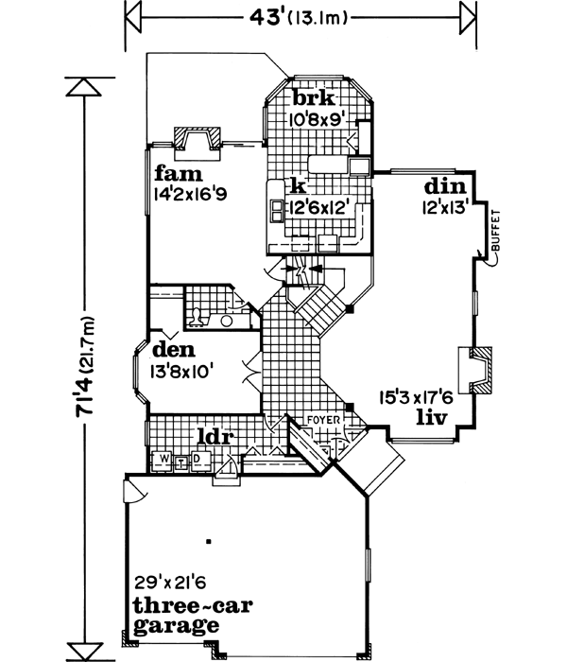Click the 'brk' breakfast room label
(312, 98)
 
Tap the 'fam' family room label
(176, 174)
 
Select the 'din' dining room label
(440, 186)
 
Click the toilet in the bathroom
(195, 318)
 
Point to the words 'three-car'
(178, 607)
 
